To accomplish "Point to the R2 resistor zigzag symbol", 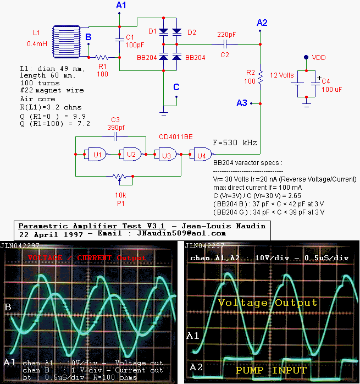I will pyautogui.click(x=261, y=76).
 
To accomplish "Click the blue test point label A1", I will pyautogui.click(x=121, y=6).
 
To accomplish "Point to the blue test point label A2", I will pyautogui.click(x=262, y=23).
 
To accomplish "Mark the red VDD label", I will pyautogui.click(x=319, y=57).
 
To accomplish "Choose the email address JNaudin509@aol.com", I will pyautogui.click(x=187, y=233).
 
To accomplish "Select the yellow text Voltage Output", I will pyautogui.click(x=268, y=303).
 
